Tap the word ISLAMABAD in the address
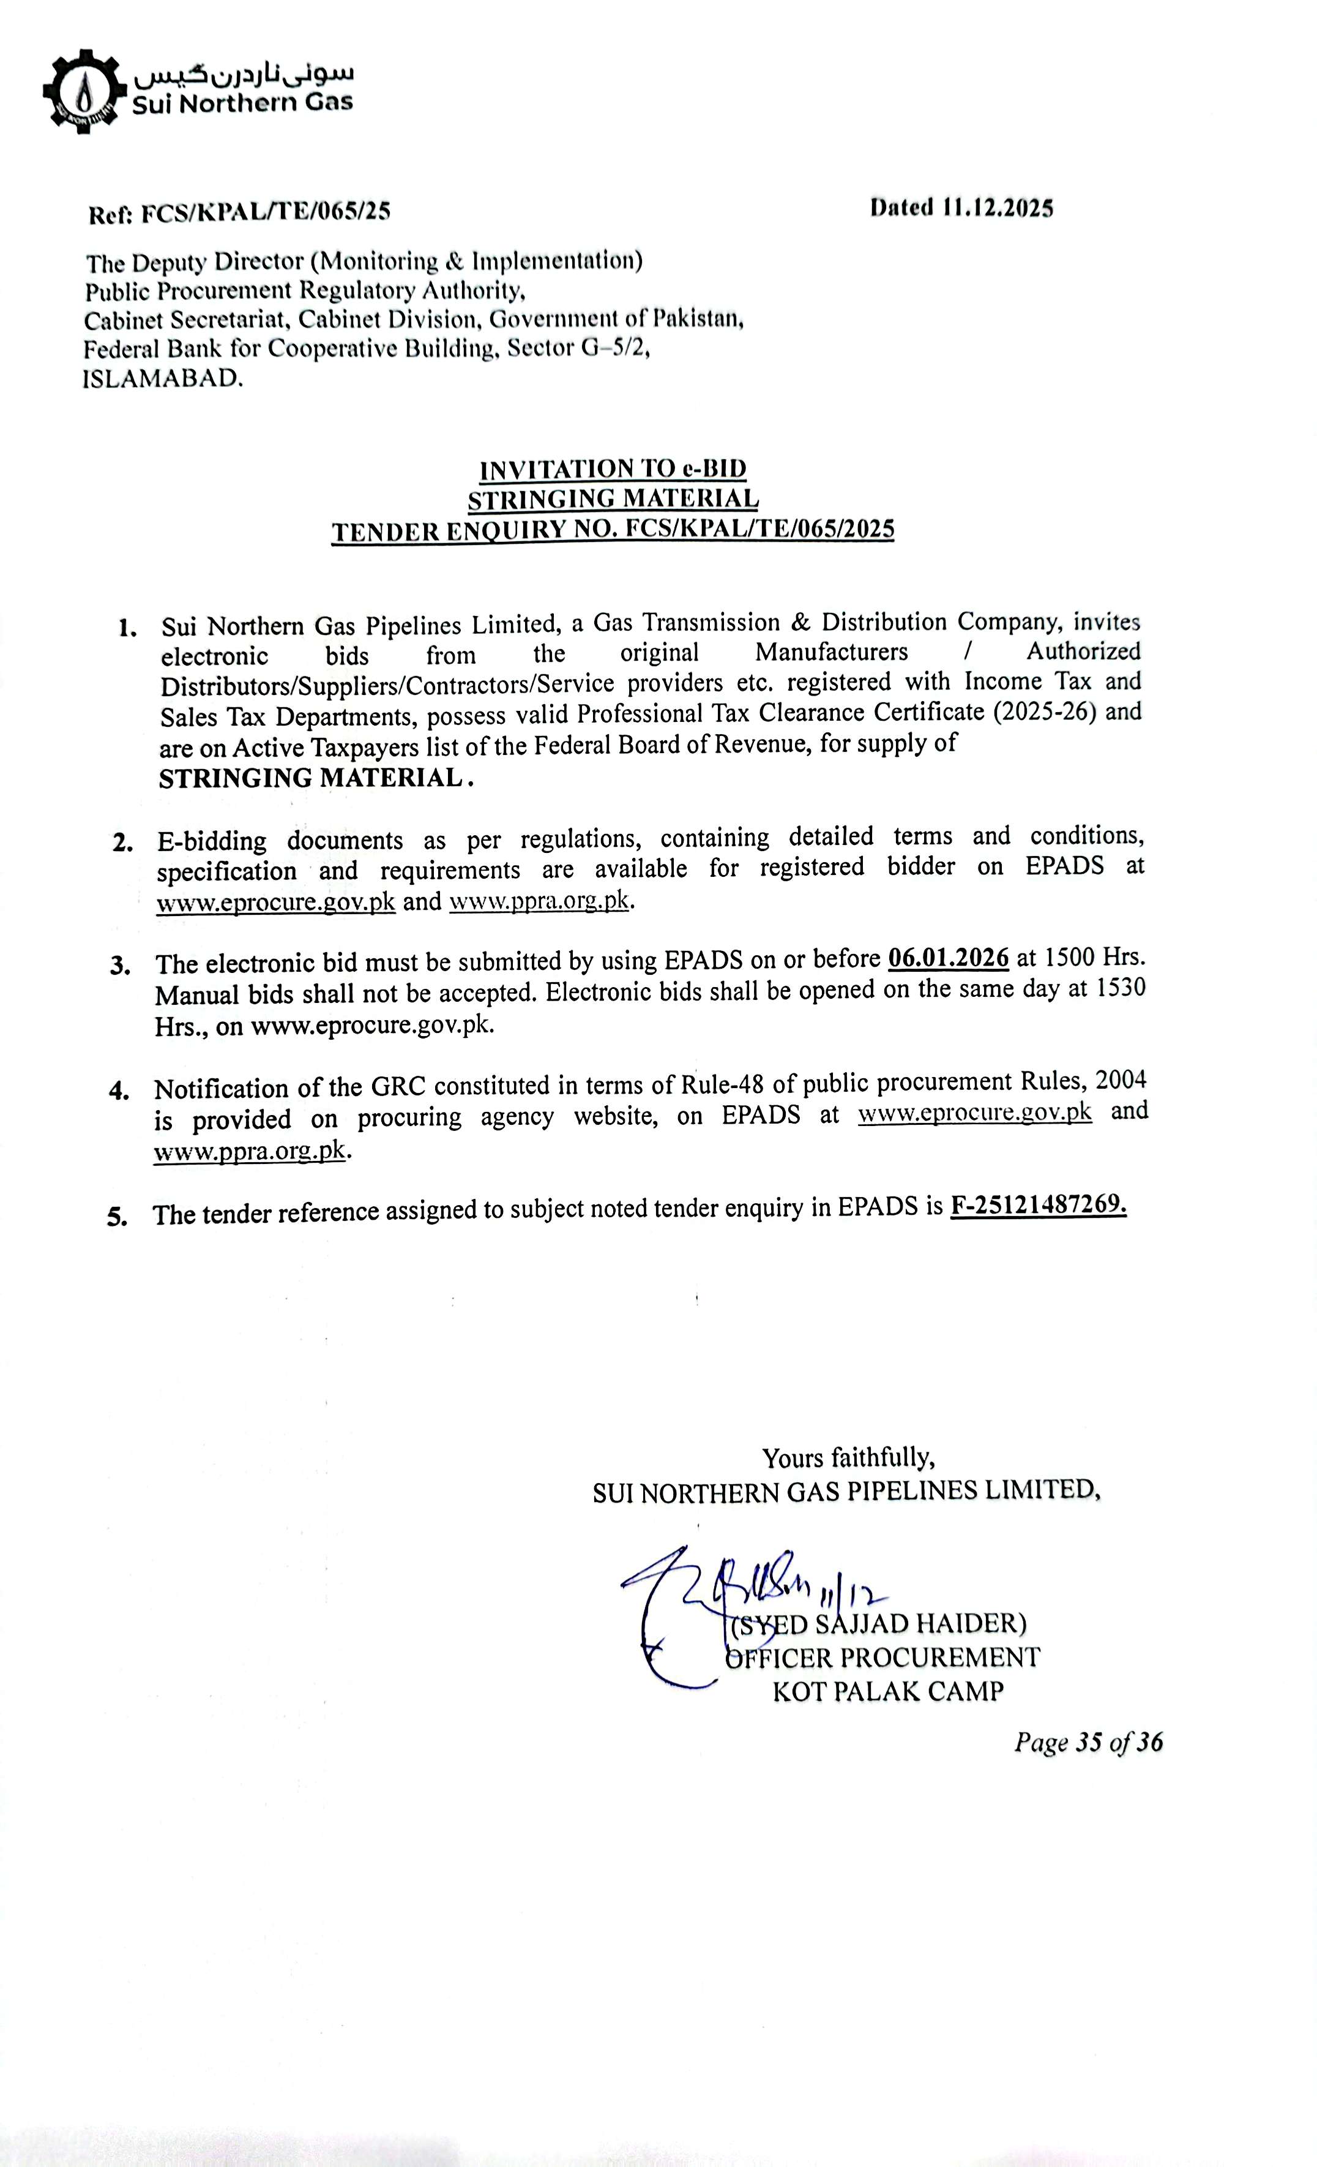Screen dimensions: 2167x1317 (x=163, y=379)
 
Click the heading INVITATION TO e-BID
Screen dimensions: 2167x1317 (x=613, y=469)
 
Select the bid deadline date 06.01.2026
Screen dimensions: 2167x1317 (x=948, y=957)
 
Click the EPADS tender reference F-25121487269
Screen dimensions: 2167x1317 (x=1037, y=1205)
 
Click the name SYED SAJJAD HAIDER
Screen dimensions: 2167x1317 (x=880, y=1623)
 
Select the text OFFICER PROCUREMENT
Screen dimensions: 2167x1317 (x=882, y=1658)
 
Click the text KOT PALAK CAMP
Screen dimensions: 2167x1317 (x=887, y=1691)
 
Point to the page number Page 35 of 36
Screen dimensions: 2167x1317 (x=1088, y=1743)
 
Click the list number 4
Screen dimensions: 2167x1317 (x=119, y=1091)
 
